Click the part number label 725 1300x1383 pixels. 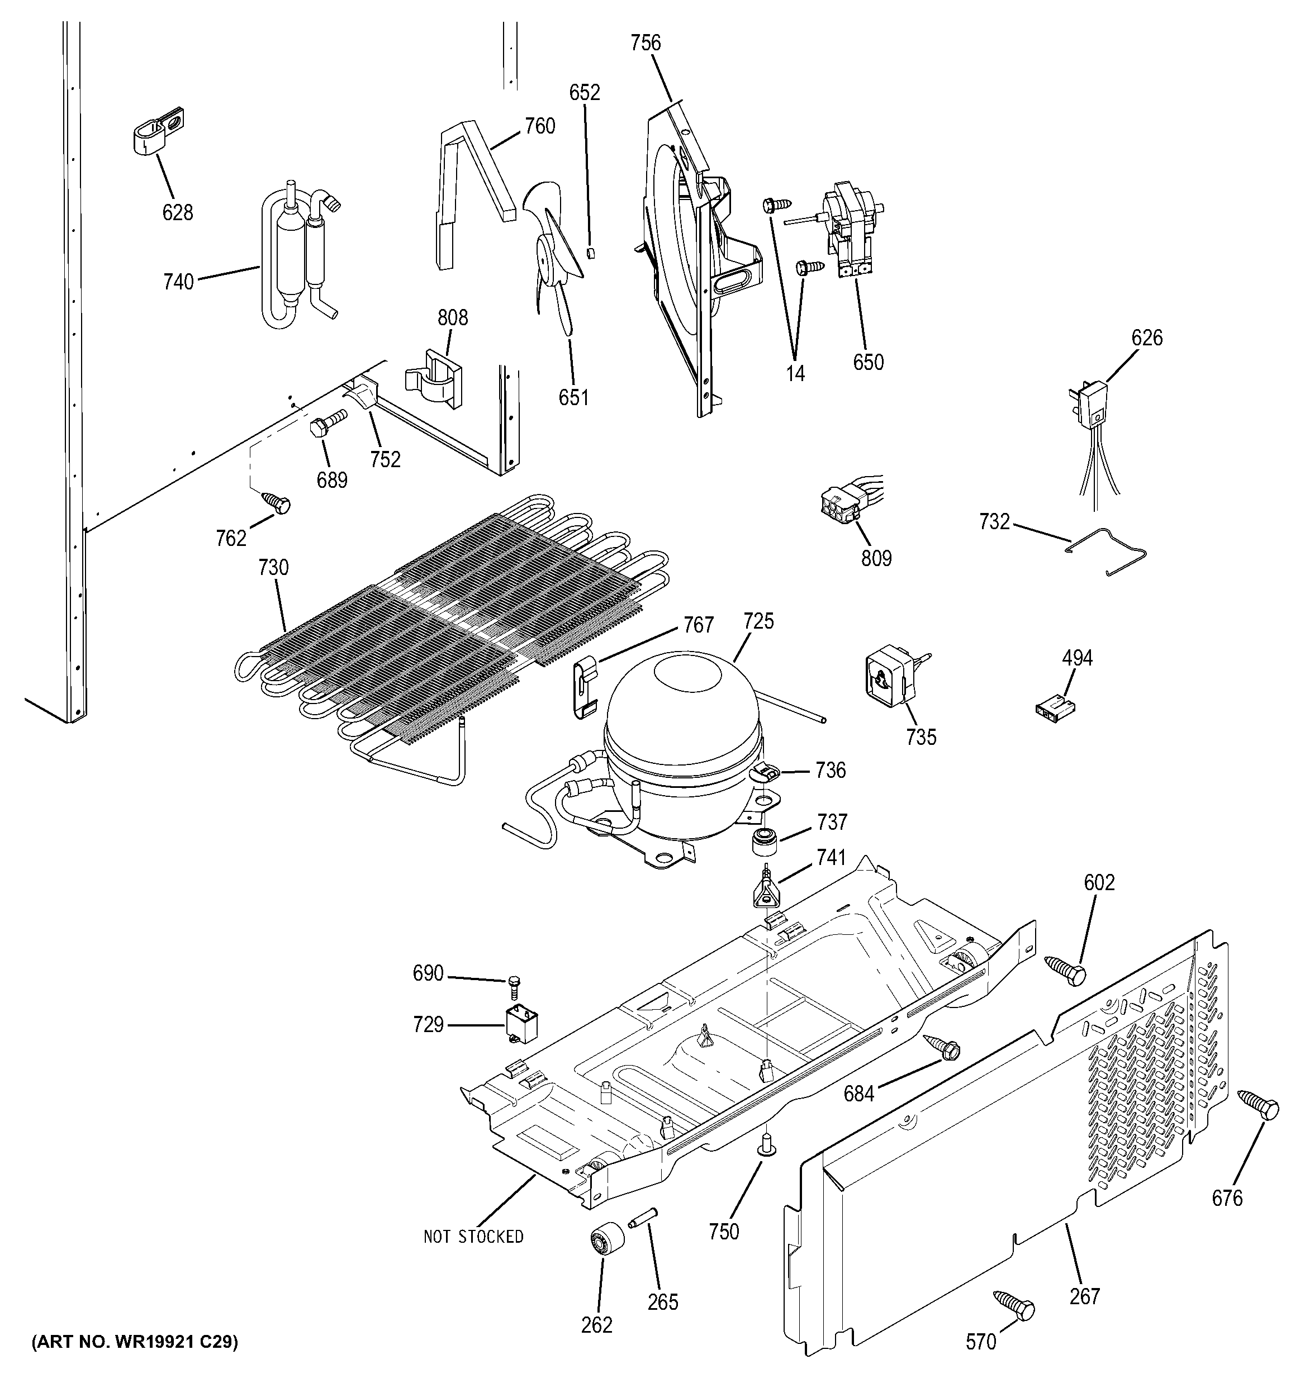click(758, 621)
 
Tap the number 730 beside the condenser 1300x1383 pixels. click(273, 568)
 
